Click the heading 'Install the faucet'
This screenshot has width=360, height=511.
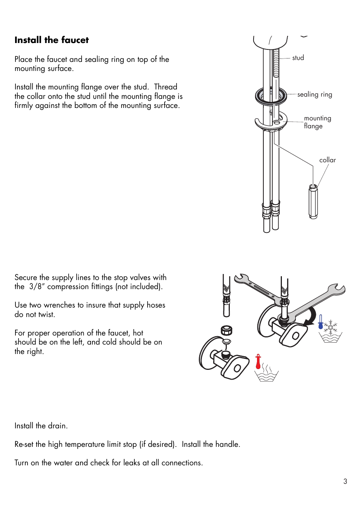pos(52,40)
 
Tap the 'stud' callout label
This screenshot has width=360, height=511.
pos(298,58)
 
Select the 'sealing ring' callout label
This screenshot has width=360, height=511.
pos(314,94)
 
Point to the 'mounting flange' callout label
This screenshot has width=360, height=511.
pos(317,122)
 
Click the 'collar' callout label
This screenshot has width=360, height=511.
pos(327,160)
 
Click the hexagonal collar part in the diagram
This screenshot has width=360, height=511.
pos(313,202)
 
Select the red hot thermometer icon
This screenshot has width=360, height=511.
pos(258,362)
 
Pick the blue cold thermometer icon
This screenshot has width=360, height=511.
pos(321,322)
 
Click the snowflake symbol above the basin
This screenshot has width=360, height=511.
pos(331,327)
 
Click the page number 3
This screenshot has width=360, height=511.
pos(345,481)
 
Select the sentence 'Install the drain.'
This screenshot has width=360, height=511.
pos(41,426)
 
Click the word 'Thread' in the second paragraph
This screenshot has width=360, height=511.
pos(165,87)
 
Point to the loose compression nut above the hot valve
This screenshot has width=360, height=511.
pos(226,331)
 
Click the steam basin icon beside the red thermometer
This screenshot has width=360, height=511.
pos(266,373)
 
